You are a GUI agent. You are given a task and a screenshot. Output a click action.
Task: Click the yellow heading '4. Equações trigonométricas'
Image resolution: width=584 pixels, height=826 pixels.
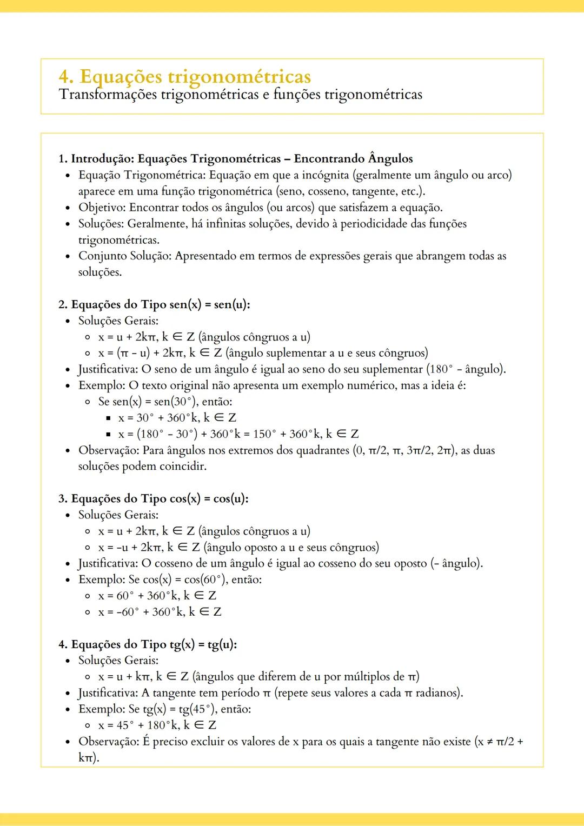pyautogui.click(x=185, y=77)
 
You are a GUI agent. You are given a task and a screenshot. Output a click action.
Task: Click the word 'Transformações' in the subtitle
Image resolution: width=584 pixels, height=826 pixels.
pyautogui.click(x=108, y=95)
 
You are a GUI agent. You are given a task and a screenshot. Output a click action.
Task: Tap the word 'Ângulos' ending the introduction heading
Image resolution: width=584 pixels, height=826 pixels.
pyautogui.click(x=390, y=159)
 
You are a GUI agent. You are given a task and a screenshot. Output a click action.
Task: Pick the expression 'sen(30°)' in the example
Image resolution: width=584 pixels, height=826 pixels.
pyautogui.click(x=176, y=402)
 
